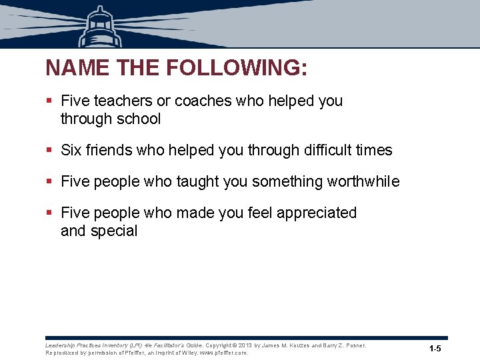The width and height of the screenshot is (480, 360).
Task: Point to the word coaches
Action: pos(199,101)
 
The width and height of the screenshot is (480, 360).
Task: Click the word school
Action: pos(138,119)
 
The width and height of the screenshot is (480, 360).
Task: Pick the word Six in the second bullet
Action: pos(71,151)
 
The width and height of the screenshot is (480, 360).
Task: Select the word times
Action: pos(375,151)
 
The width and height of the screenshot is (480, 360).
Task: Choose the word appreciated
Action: pos(317,213)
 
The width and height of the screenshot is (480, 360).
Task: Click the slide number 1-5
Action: pos(435,349)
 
